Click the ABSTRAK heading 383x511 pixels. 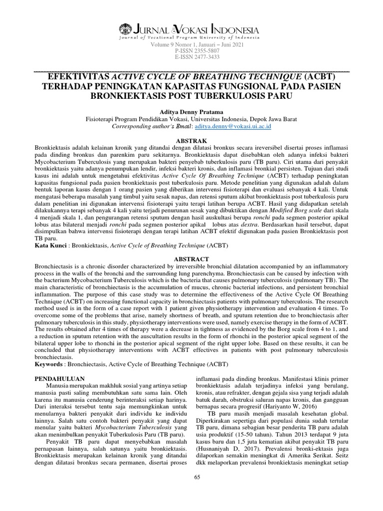[191, 141]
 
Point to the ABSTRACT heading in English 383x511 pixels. [191, 259]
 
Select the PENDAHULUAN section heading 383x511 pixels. [59, 379]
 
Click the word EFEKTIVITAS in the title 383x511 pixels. [78, 77]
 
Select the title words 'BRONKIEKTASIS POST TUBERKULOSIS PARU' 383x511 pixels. [191, 96]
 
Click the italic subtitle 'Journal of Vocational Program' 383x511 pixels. [150, 37]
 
